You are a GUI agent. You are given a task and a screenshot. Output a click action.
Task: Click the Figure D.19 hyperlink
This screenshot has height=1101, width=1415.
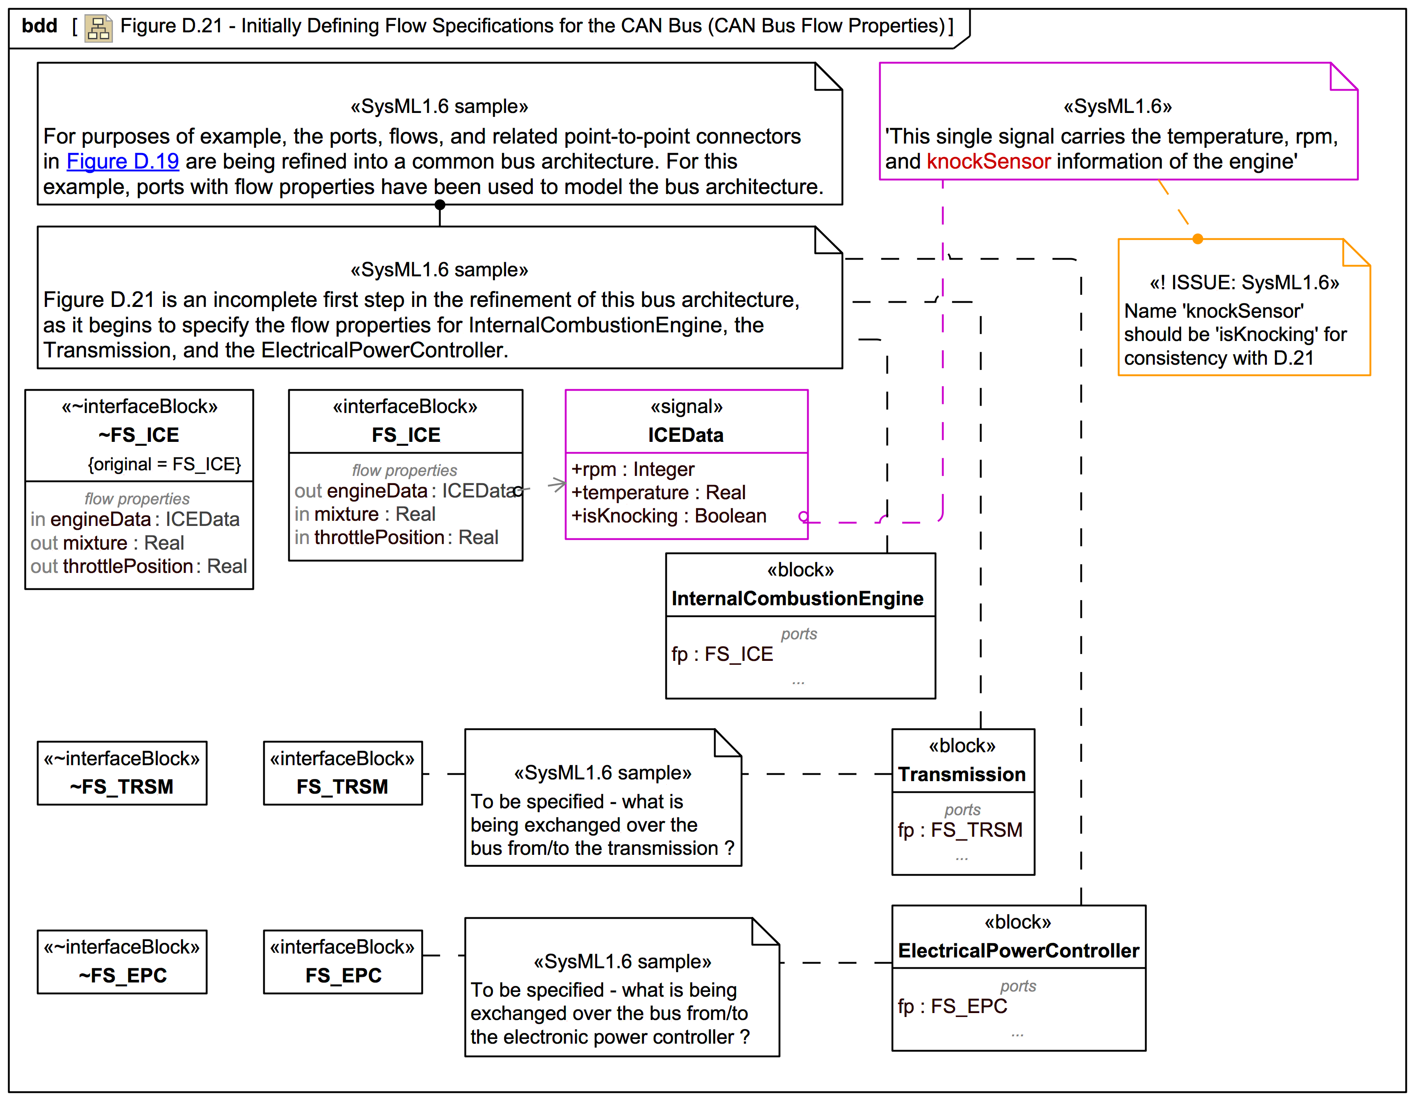[122, 161]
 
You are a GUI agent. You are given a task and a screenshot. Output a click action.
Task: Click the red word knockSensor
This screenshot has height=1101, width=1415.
[988, 161]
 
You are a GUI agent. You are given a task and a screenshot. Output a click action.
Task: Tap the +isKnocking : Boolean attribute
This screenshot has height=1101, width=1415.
[668, 516]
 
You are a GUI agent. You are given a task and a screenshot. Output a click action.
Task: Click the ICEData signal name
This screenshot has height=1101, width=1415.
[685, 435]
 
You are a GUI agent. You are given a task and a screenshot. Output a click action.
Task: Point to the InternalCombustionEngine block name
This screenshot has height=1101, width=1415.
[797, 598]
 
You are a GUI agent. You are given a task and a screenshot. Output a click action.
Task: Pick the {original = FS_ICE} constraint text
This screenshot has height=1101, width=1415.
[164, 464]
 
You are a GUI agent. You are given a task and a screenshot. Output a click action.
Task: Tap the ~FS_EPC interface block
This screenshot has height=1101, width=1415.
[122, 962]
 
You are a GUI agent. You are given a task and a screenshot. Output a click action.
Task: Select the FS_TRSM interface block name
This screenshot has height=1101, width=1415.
[342, 787]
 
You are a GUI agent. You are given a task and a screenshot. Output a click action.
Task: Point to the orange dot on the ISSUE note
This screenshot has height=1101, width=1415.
[1198, 239]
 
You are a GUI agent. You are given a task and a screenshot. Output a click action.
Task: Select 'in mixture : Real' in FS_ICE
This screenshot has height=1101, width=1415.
[365, 514]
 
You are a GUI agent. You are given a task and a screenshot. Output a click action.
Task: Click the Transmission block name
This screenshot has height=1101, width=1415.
[962, 774]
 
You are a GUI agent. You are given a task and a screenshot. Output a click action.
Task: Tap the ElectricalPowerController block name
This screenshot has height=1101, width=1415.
[1018, 951]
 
